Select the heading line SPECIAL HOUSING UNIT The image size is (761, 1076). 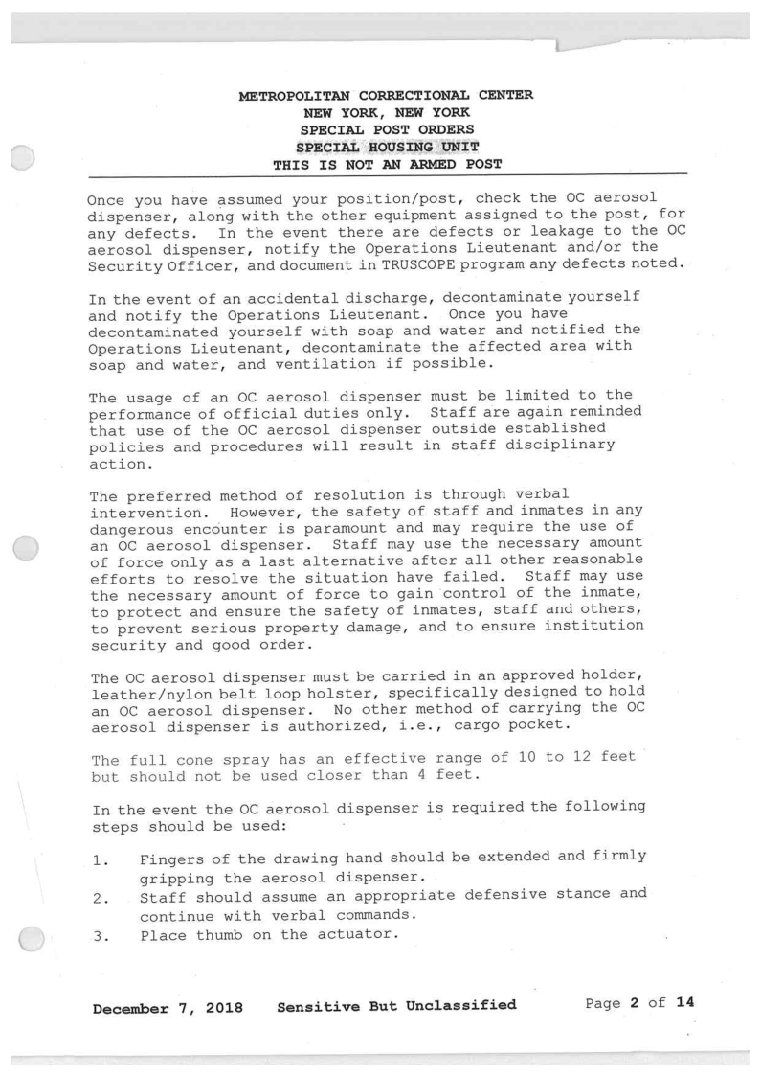386,147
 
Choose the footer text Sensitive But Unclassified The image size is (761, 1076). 396,1005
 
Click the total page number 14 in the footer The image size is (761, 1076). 683,1004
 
